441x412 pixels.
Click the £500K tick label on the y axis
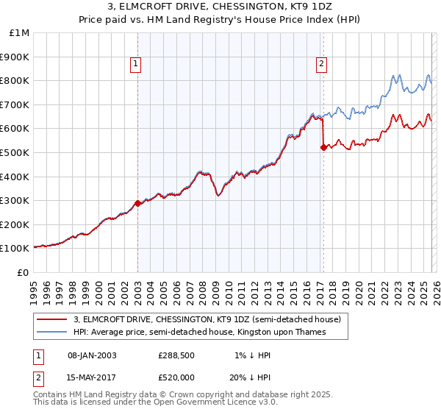pyautogui.click(x=15, y=152)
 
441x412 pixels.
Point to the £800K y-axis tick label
pyautogui.click(x=15, y=80)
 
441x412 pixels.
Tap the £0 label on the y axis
pyautogui.click(x=22, y=272)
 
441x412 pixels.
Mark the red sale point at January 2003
pyautogui.click(x=137, y=203)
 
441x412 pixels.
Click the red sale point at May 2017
pyautogui.click(x=323, y=148)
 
